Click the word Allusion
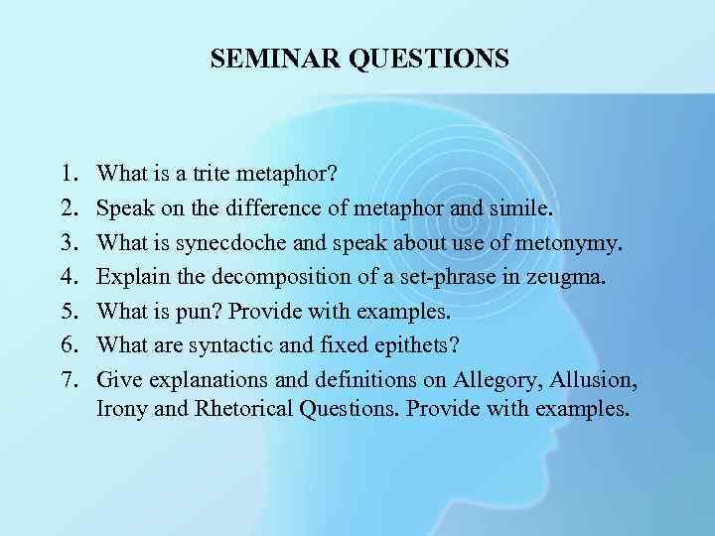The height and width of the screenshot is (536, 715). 593,379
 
